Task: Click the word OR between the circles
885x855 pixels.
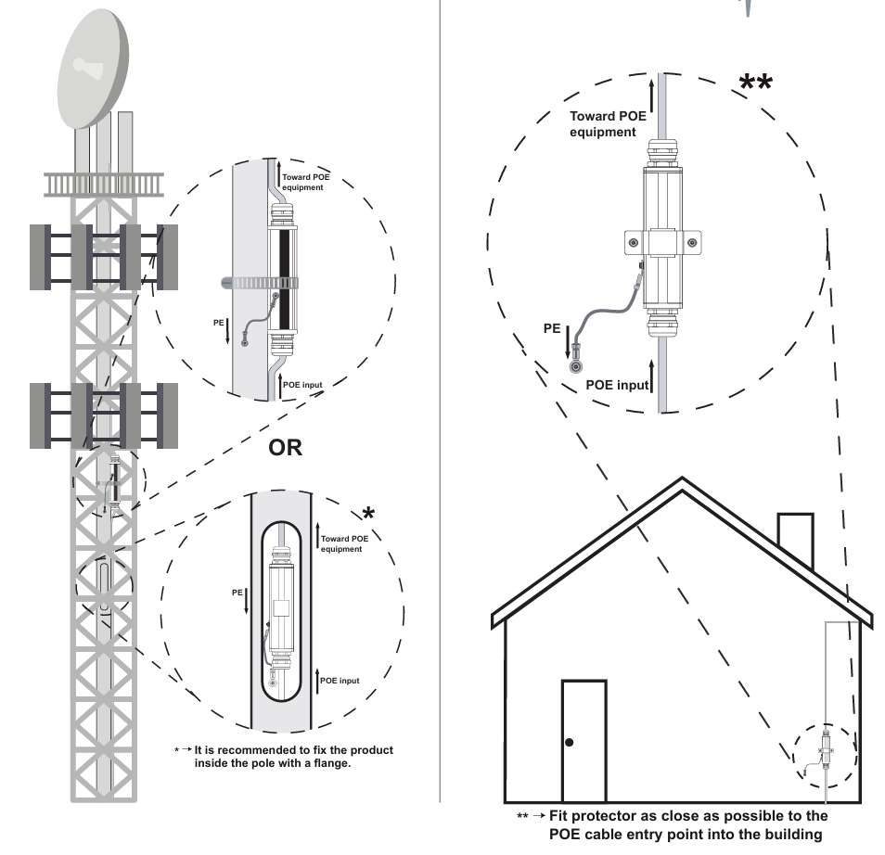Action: point(286,447)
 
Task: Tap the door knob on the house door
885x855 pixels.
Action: point(570,743)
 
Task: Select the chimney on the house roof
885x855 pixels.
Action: point(796,542)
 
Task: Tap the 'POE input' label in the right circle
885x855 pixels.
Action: point(617,385)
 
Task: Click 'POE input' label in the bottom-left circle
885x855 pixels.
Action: point(340,681)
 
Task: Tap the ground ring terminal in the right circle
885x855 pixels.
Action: point(575,364)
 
